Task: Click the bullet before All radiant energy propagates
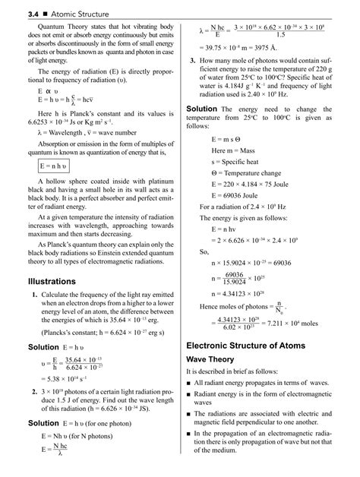[190, 383]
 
